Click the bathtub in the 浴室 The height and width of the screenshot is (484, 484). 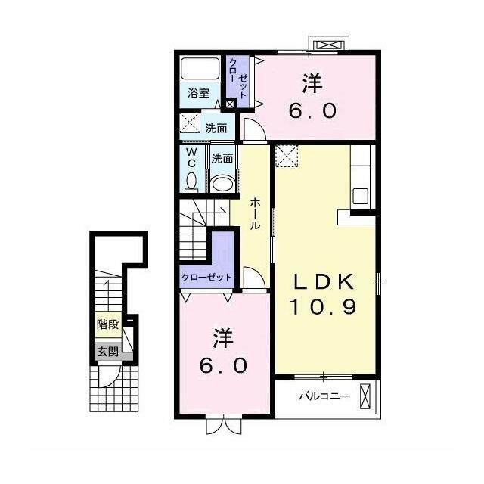[200, 69]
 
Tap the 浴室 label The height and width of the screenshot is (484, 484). [198, 93]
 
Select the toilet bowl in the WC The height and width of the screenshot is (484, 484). [191, 181]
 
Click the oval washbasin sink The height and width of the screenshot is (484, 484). [222, 184]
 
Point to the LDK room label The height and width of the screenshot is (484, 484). [323, 281]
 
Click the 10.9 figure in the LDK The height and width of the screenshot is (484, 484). [323, 306]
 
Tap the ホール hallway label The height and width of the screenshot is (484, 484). [255, 214]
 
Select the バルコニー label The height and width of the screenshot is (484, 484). [324, 396]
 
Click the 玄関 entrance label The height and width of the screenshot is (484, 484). [107, 352]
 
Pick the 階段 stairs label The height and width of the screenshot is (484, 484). [107, 324]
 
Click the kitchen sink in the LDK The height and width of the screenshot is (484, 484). [361, 196]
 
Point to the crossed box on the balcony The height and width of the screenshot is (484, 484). [365, 396]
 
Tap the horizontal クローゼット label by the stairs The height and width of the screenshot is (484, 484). [206, 278]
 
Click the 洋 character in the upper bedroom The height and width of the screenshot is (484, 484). [312, 83]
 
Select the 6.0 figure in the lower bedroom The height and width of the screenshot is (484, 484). [223, 365]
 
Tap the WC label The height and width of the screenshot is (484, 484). [191, 157]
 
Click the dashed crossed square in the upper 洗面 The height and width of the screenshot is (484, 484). [190, 123]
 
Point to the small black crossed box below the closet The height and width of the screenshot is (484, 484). [230, 104]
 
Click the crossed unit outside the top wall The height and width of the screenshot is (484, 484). [329, 45]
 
